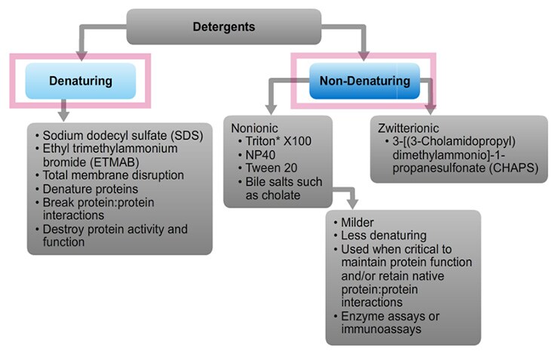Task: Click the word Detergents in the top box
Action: tap(224, 26)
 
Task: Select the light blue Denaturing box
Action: tap(81, 81)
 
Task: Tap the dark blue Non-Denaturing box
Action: tap(365, 81)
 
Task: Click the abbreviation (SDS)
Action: tap(187, 135)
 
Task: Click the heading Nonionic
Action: tap(254, 128)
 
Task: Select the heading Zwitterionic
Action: tap(408, 128)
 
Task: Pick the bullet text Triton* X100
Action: tap(278, 141)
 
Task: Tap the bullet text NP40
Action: tap(260, 155)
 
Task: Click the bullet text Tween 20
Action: tap(271, 168)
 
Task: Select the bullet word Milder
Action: tap(357, 222)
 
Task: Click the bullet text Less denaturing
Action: tap(384, 235)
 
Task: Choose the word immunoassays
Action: tap(381, 329)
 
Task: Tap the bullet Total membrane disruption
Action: tap(113, 175)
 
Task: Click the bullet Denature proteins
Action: tap(90, 189)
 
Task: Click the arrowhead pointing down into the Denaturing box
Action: tap(81, 56)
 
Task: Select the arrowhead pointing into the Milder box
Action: tap(352, 204)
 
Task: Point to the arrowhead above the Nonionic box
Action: tap(271, 109)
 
